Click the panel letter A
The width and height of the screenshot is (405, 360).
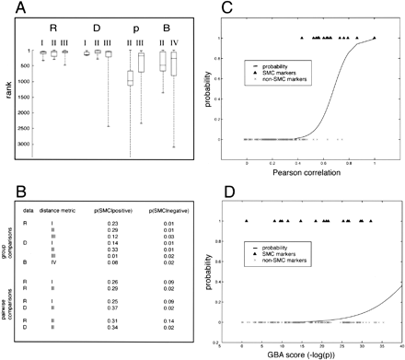(8, 9)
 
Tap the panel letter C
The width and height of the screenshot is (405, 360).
(214, 9)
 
